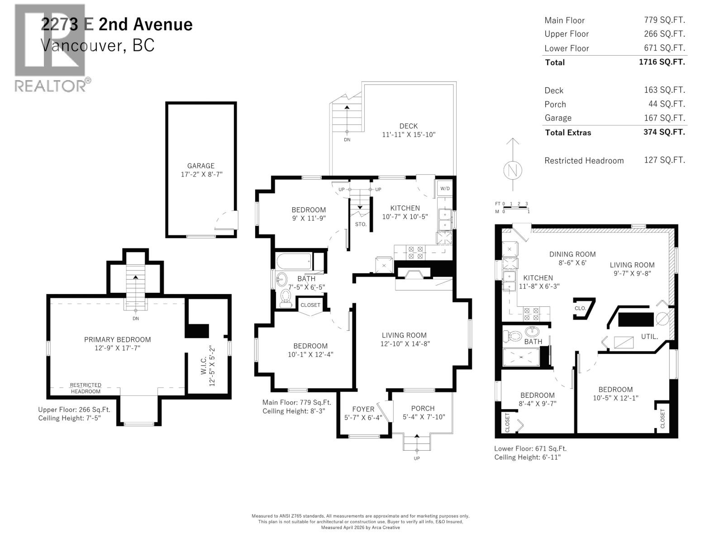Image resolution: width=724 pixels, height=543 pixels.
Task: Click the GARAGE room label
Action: [201, 166]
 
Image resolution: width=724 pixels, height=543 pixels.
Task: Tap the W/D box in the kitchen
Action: [445, 189]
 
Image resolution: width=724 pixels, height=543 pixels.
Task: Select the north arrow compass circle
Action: [512, 170]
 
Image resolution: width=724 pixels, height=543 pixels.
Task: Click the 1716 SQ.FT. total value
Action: [662, 62]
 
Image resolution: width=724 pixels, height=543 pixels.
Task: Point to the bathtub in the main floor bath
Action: [294, 262]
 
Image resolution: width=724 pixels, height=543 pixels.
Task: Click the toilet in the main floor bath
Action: [286, 299]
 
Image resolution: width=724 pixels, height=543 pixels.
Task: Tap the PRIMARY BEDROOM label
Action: [117, 339]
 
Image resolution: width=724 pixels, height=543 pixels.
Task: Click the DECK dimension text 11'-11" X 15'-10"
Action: [408, 134]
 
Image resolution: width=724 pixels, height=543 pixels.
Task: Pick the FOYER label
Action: [363, 409]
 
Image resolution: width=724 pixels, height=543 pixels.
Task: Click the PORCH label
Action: [423, 408]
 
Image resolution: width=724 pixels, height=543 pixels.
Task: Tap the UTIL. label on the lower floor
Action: [649, 337]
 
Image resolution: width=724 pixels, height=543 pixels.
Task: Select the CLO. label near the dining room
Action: [580, 308]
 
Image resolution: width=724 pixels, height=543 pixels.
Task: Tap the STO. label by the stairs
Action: [361, 224]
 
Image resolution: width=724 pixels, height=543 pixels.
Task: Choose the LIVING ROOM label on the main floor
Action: [404, 335]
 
